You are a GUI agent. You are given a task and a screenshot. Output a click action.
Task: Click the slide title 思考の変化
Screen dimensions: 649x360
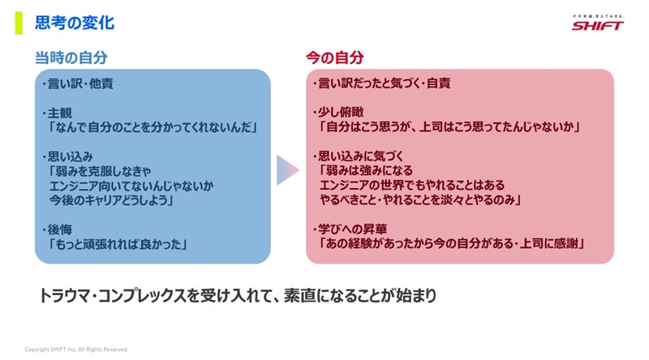pyautogui.click(x=75, y=23)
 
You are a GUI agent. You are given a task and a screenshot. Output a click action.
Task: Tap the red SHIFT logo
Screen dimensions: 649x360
pyautogui.click(x=597, y=26)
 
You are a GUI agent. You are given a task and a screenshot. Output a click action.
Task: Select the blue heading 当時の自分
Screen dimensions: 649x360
pyautogui.click(x=71, y=58)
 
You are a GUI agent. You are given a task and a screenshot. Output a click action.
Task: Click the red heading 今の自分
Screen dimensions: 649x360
pyautogui.click(x=335, y=58)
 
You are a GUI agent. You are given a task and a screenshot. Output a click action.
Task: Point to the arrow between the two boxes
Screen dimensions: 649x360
pyautogui.click(x=288, y=170)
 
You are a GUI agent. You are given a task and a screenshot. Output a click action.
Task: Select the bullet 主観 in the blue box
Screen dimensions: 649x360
pyautogui.click(x=57, y=113)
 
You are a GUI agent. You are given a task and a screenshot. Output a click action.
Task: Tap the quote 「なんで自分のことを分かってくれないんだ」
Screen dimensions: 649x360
pyautogui.click(x=153, y=127)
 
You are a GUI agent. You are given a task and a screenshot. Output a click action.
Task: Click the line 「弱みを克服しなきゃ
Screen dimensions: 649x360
pyautogui.click(x=99, y=171)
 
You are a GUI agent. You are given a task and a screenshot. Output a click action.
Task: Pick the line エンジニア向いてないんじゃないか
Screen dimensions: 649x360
pyautogui.click(x=131, y=186)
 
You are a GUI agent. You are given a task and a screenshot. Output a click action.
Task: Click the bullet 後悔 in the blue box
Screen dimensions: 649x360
pyautogui.click(x=57, y=229)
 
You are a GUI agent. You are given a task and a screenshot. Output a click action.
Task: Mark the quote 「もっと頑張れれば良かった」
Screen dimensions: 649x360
pyautogui.click(x=117, y=244)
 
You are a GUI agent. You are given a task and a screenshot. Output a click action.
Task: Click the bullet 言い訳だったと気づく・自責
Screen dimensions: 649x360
pyautogui.click(x=381, y=84)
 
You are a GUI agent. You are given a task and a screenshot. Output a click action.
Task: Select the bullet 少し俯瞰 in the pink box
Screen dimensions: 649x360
pyautogui.click(x=337, y=112)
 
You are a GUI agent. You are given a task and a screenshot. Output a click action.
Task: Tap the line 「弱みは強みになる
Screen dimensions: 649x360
pyautogui.click(x=366, y=170)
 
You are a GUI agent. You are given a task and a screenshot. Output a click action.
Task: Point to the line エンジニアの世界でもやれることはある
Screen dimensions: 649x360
pyautogui.click(x=412, y=185)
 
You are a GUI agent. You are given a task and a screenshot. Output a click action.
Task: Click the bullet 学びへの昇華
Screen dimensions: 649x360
pyautogui.click(x=350, y=229)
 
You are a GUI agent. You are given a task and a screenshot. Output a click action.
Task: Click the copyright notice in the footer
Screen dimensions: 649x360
pyautogui.click(x=76, y=349)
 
